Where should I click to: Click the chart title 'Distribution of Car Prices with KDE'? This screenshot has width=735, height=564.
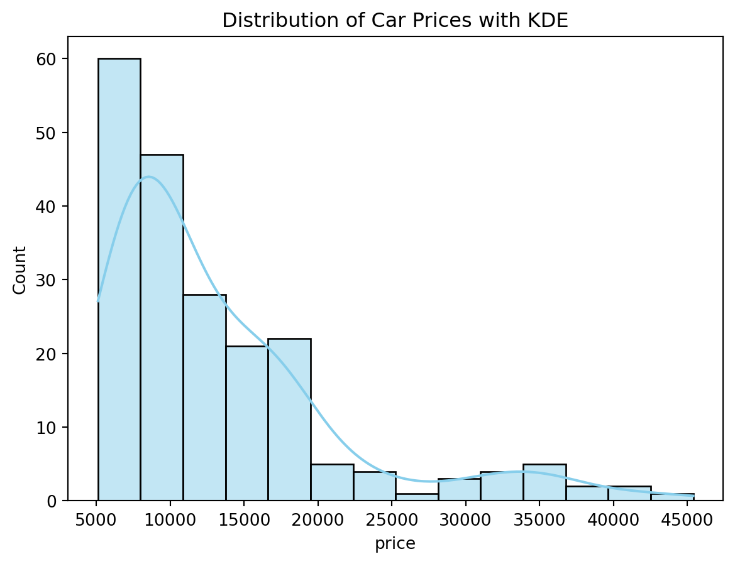point(395,20)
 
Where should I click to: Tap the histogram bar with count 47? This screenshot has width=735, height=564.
point(162,327)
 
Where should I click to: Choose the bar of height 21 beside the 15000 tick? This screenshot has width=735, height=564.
point(246,423)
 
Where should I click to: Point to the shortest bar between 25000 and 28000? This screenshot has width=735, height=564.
point(417,497)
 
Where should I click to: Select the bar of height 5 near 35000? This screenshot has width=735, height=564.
point(544,482)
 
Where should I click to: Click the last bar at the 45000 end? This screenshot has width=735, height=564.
point(672,497)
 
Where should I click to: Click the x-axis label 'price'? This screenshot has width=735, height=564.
point(395,544)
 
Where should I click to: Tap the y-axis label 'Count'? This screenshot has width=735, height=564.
point(20,270)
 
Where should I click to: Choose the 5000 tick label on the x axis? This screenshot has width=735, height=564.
point(97,520)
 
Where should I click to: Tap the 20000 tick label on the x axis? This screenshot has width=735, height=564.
point(318,520)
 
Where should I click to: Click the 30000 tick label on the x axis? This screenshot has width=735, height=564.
point(465,520)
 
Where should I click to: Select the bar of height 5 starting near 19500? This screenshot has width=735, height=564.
point(332,482)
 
